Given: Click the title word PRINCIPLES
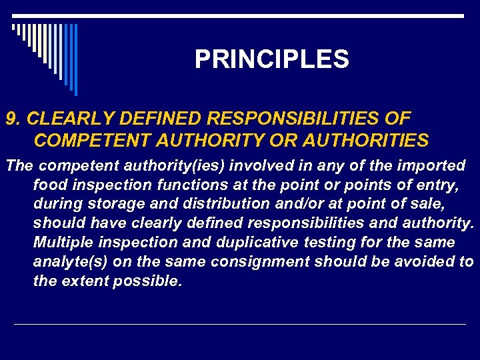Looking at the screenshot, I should [271, 60].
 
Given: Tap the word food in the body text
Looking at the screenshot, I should [49, 184].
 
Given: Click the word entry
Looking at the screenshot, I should [439, 184].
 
